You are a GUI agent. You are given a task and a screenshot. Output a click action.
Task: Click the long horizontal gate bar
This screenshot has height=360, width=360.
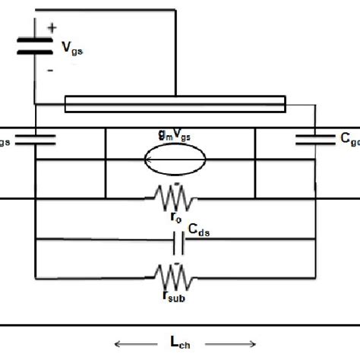[175, 103]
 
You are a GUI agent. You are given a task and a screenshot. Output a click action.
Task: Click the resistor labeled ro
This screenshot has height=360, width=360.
[175, 199]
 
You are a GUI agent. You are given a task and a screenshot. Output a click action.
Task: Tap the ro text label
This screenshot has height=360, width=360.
[175, 218]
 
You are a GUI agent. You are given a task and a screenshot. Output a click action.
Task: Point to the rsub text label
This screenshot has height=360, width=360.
[176, 293]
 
